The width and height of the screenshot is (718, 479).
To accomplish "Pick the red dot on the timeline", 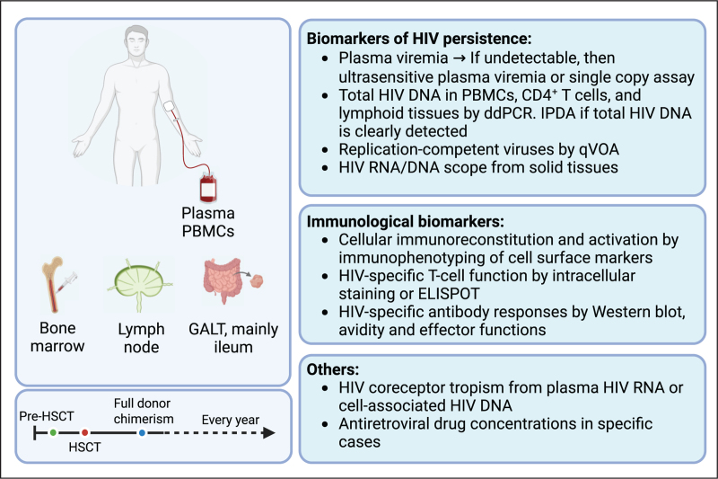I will (x=84, y=432).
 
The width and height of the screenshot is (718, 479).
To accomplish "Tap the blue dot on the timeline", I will (x=143, y=432).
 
